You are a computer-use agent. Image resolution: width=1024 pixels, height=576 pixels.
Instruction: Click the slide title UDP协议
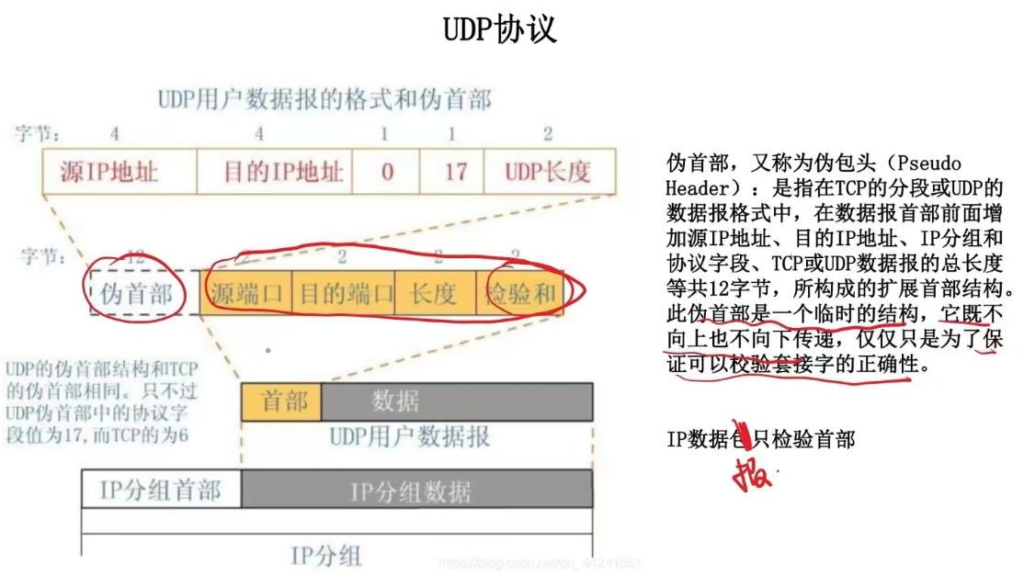click(x=500, y=29)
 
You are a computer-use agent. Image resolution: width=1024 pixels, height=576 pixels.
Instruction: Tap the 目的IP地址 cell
click(x=275, y=171)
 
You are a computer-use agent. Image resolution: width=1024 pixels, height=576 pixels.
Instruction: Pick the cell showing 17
click(x=455, y=171)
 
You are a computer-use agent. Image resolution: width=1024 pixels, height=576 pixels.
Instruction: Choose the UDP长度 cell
click(x=548, y=171)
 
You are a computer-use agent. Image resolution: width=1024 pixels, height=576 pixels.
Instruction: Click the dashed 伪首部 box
click(x=136, y=293)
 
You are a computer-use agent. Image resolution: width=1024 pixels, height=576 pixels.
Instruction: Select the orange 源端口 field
click(x=246, y=294)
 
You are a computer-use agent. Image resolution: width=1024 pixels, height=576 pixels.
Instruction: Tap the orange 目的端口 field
click(x=343, y=294)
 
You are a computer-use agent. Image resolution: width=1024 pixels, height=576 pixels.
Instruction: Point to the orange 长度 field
click(x=434, y=294)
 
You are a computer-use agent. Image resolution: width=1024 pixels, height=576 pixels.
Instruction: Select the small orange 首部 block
click(x=279, y=401)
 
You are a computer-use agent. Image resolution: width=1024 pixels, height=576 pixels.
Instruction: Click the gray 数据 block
click(x=456, y=401)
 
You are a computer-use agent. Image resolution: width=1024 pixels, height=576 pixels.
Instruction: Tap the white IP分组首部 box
click(x=161, y=489)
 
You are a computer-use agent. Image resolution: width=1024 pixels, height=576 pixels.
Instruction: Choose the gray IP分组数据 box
click(x=415, y=490)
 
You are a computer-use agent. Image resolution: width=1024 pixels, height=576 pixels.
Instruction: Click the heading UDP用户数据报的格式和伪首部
click(x=324, y=98)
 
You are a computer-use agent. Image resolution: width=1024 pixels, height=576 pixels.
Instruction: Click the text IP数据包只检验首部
click(x=760, y=440)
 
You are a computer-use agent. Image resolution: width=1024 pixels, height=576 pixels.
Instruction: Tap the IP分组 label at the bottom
click(x=326, y=555)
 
